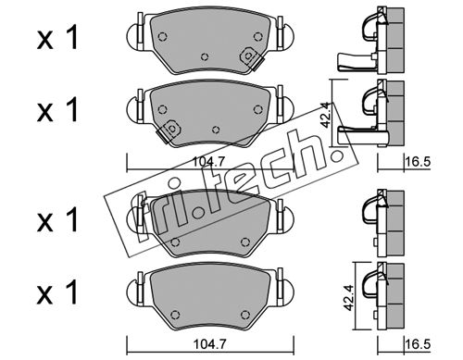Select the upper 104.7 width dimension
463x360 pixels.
(x=208, y=161)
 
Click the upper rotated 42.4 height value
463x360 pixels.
(x=326, y=115)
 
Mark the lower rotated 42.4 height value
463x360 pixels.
(x=349, y=298)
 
